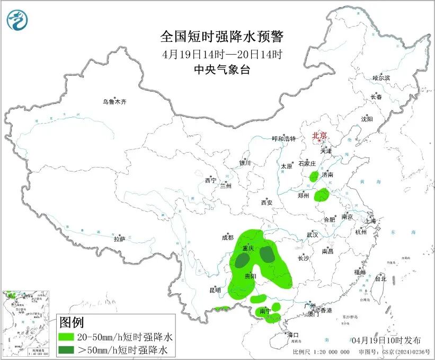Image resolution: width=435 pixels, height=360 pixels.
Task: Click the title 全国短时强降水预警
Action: [x=222, y=37]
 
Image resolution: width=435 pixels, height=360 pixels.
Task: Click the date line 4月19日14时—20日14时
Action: [x=222, y=54]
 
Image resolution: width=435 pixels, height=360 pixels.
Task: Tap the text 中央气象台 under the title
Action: [x=222, y=70]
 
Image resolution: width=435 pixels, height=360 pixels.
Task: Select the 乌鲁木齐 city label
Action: [x=115, y=102]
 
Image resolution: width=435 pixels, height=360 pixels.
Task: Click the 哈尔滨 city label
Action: [x=380, y=78]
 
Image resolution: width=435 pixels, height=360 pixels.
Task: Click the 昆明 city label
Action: [x=215, y=290]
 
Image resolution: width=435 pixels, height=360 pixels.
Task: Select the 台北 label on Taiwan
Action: [x=380, y=278]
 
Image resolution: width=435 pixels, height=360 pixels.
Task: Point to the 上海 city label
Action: [x=370, y=221]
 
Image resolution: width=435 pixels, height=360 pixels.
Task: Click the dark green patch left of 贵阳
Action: [x=243, y=260]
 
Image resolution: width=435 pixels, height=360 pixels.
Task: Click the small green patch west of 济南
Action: [x=314, y=176]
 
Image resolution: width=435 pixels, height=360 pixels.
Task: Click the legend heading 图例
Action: [x=71, y=322]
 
